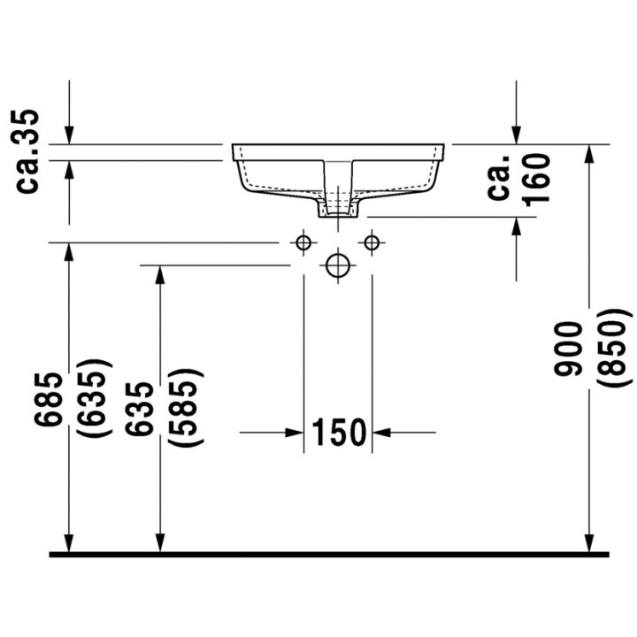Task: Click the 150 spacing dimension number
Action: tap(337, 433)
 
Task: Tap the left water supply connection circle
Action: tap(303, 242)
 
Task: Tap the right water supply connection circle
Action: tap(372, 242)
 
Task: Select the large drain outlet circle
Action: tap(337, 265)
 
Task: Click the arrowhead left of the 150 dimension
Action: tap(295, 433)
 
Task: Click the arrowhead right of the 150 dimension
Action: tap(381, 433)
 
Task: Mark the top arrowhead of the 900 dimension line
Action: tap(589, 155)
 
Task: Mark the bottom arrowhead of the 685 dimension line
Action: tap(69, 541)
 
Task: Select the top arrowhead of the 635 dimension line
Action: tap(159, 276)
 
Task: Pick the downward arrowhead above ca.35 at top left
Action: tap(69, 133)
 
